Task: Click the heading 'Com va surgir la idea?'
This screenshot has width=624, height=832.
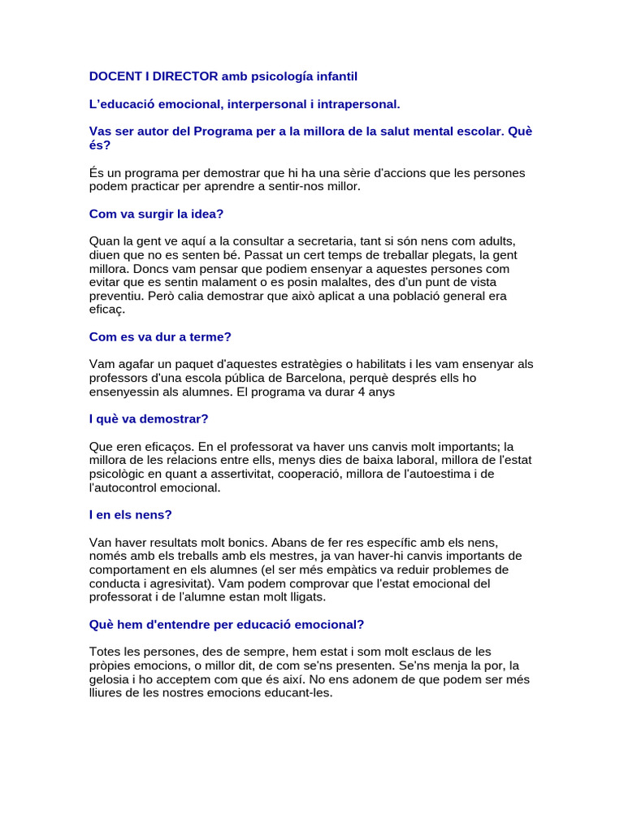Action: [x=155, y=214]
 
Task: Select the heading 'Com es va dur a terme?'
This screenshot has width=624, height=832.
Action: [x=160, y=336]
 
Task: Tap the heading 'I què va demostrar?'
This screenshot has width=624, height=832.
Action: [x=149, y=418]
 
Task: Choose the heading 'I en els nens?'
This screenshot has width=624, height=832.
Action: [x=130, y=514]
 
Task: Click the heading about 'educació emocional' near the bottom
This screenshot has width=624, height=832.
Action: [x=226, y=624]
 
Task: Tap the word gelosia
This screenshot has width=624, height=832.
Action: [x=110, y=679]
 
